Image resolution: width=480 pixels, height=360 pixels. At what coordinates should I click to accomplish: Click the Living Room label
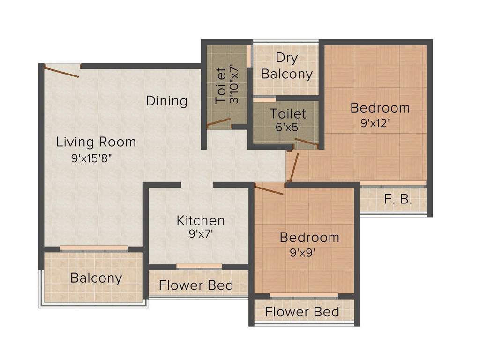coord(96,142)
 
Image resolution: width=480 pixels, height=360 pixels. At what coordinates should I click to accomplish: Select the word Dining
coord(166,101)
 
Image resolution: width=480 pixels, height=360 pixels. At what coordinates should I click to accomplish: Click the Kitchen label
coord(201,220)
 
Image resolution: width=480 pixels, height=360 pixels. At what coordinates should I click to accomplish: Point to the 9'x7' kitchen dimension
coord(201,234)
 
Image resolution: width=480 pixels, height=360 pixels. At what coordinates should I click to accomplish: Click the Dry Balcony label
coord(286,66)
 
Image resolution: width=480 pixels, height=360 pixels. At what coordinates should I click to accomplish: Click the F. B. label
coord(398,200)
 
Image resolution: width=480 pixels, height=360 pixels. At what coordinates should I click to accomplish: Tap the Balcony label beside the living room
coord(96,278)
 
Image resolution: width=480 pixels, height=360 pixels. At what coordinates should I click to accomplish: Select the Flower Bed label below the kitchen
coord(196,285)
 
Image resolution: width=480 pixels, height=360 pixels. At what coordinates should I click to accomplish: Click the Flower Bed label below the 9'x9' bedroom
coord(302,312)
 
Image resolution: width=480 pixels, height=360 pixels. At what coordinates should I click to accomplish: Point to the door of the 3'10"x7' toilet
coord(219,123)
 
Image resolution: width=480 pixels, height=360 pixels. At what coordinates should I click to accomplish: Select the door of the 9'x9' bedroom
coord(269,189)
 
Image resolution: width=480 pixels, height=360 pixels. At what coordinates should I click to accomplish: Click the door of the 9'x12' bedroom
coord(293,167)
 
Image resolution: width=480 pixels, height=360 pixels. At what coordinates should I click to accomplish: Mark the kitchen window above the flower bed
coord(199,266)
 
